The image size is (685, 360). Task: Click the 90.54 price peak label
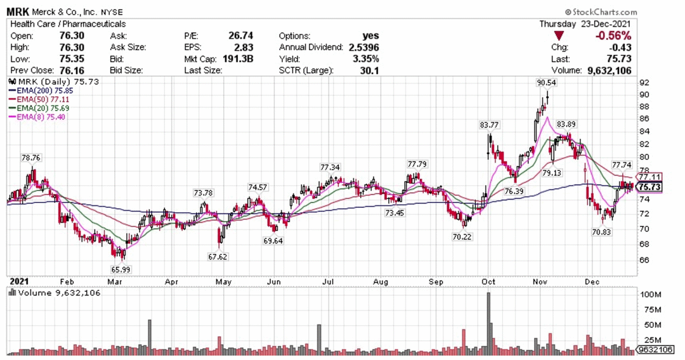547,82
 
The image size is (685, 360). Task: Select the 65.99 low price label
120,269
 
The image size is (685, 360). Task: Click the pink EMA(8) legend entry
37,117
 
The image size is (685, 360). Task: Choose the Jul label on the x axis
328,282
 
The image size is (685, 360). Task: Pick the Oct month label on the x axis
488,282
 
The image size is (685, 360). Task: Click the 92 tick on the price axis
644,82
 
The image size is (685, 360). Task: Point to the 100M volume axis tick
651,295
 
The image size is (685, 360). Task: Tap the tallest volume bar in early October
488,323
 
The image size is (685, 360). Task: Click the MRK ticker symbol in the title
18,12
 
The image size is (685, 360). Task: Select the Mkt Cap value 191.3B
238,59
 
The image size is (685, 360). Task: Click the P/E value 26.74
241,35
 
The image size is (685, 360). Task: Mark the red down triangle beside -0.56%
558,36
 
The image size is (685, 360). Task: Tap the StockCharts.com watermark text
601,12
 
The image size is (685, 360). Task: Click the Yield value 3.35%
366,59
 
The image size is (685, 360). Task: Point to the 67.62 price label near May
218,257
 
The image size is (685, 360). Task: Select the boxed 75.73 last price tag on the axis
649,187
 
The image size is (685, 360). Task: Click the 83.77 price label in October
489,125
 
